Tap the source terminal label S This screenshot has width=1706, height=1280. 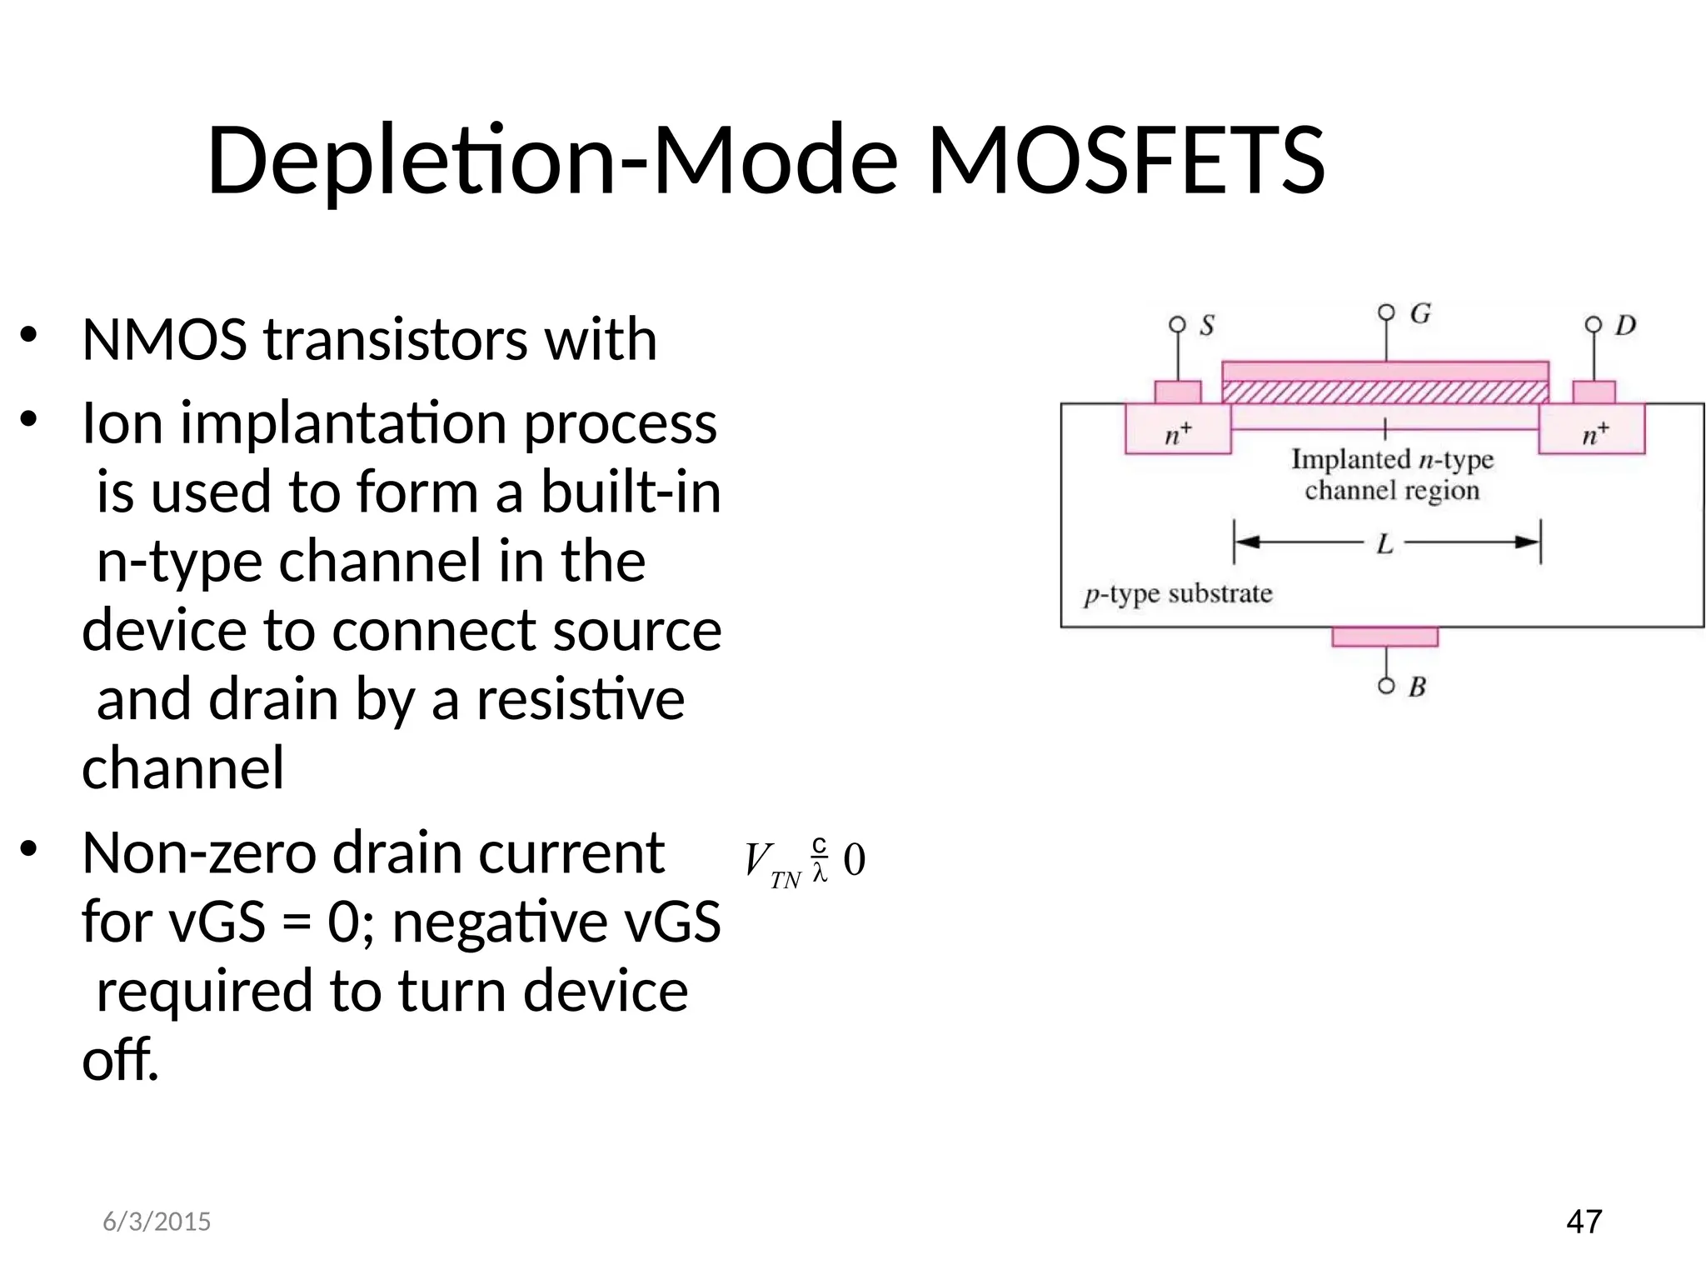(x=1207, y=326)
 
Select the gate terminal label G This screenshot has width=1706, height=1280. (x=1420, y=314)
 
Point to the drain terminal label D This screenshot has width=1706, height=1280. (x=1625, y=326)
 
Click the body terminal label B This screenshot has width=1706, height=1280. (x=1417, y=687)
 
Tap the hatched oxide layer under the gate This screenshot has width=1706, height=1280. (x=1384, y=392)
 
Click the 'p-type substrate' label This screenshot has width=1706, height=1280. (x=1178, y=594)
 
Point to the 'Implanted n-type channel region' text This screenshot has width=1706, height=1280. (x=1392, y=474)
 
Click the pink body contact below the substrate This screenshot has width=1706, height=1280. (x=1384, y=637)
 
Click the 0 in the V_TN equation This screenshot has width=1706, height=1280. (x=854, y=860)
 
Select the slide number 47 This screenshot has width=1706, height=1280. (x=1584, y=1222)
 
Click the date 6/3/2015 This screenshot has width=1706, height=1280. (x=157, y=1222)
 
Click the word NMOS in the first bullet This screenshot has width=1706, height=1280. (x=164, y=340)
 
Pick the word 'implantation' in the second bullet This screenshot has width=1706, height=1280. (x=343, y=423)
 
